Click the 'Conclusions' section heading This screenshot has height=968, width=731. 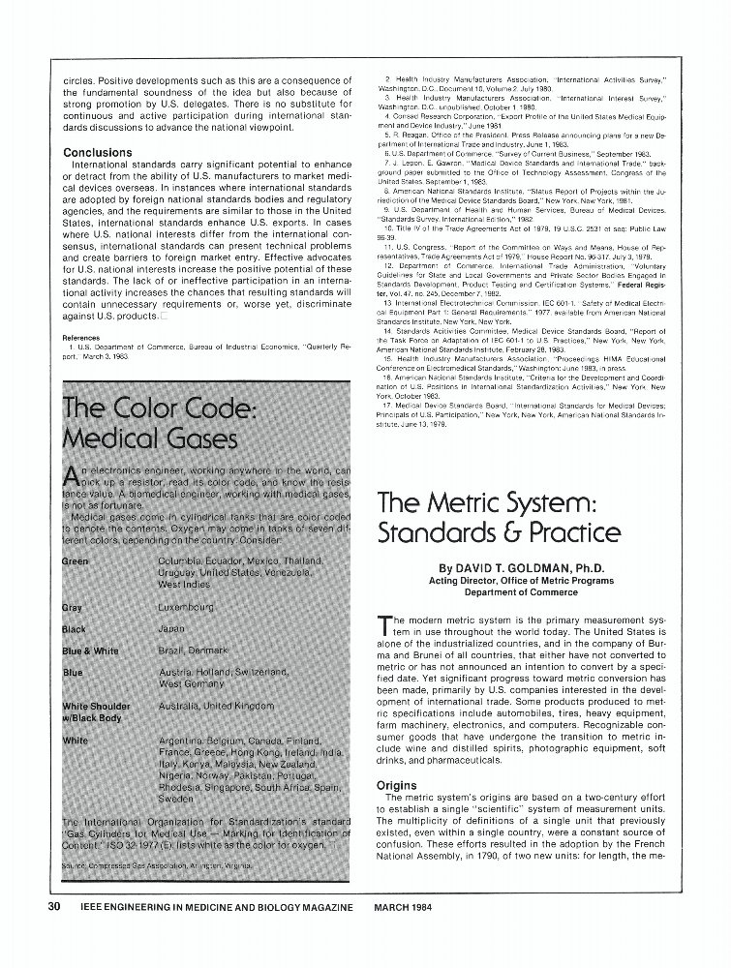[x=98, y=153]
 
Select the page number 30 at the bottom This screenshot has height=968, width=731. [x=55, y=907]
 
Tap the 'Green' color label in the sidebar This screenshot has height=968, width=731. [x=76, y=560]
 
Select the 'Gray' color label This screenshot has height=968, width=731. [x=72, y=608]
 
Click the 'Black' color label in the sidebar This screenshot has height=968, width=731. [x=74, y=629]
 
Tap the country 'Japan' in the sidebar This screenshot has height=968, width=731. [x=170, y=629]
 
